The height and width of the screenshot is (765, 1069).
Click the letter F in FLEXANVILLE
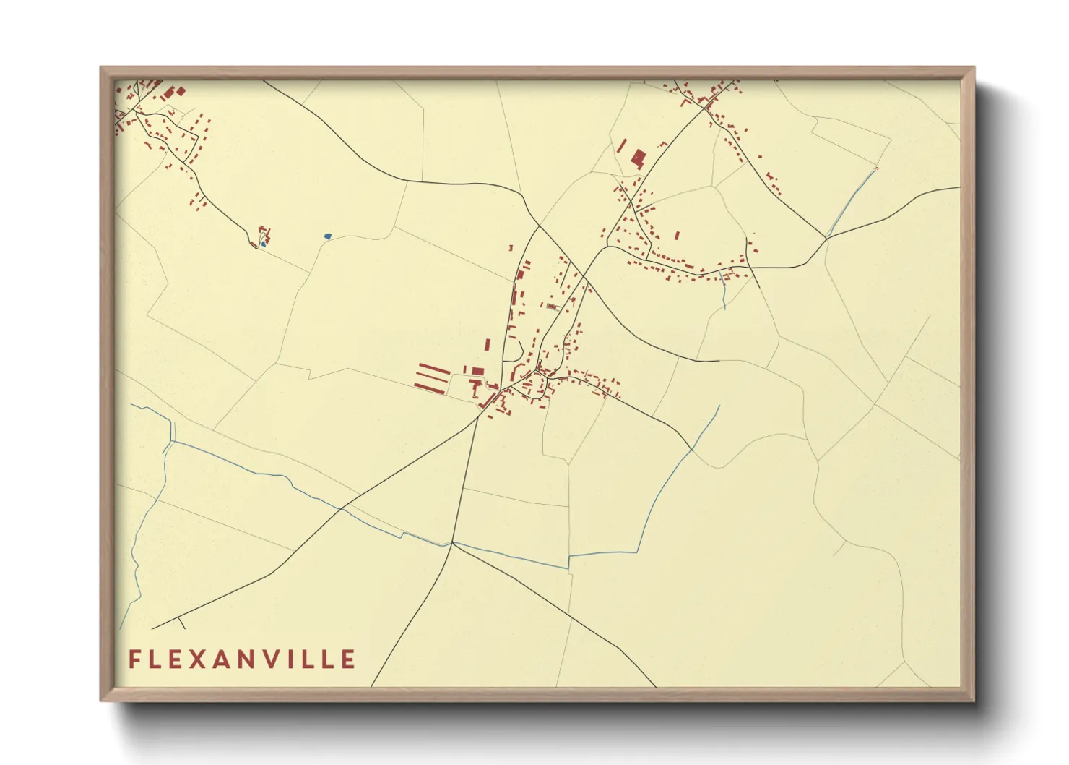pyautogui.click(x=134, y=659)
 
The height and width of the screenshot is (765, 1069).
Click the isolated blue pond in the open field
pyautogui.click(x=327, y=236)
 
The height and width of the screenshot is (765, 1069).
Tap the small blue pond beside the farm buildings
pyautogui.click(x=264, y=244)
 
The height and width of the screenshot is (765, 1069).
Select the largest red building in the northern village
pyautogui.click(x=638, y=158)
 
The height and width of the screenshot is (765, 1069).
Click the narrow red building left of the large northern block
pyautogui.click(x=621, y=146)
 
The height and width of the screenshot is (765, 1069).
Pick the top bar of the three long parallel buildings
pyautogui.click(x=434, y=368)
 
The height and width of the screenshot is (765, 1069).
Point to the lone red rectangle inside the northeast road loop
pyautogui.click(x=678, y=234)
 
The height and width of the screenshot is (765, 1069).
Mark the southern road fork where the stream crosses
pyautogui.click(x=452, y=543)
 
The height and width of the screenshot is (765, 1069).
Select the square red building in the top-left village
pyautogui.click(x=181, y=90)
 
